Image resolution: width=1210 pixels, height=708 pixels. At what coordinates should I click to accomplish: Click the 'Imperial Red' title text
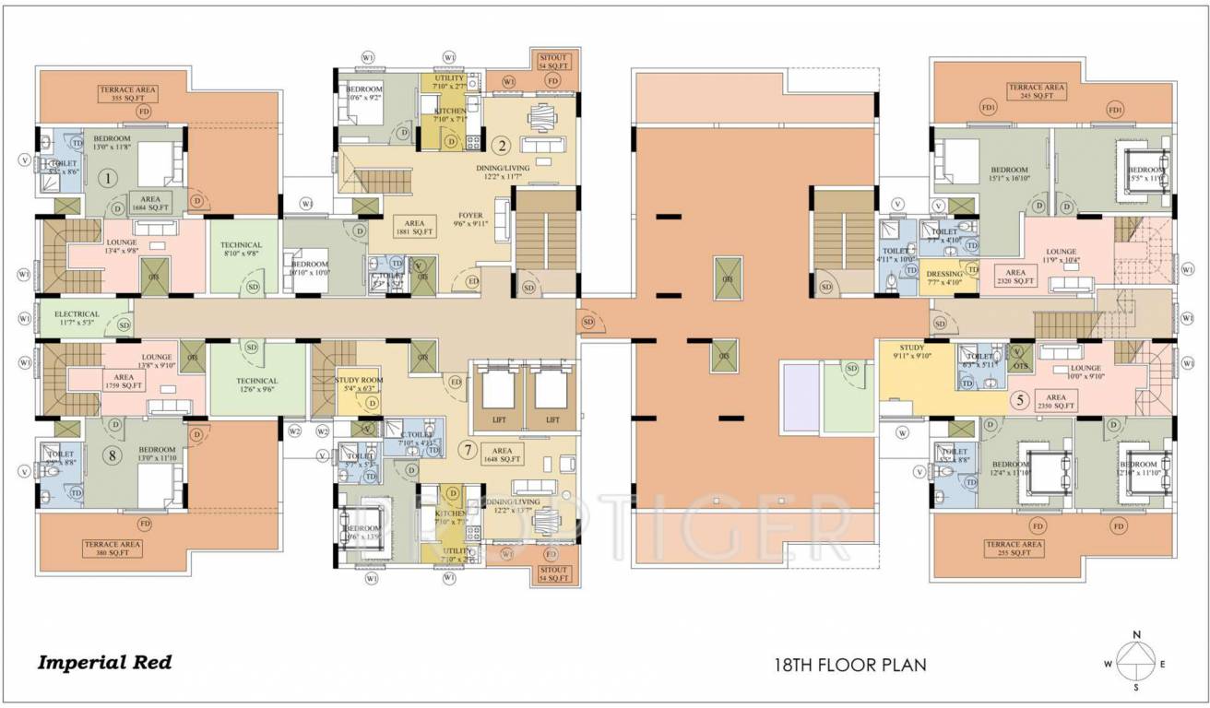click(x=104, y=662)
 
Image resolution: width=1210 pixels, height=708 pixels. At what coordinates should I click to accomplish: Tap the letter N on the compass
click(x=1137, y=635)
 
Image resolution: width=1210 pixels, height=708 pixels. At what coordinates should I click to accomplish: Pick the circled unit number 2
click(x=502, y=145)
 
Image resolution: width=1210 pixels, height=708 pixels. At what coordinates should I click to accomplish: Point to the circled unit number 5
click(x=1018, y=401)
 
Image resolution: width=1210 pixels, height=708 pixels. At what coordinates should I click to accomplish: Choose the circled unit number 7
click(x=468, y=451)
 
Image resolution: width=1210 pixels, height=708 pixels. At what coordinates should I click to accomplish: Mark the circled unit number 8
click(x=112, y=455)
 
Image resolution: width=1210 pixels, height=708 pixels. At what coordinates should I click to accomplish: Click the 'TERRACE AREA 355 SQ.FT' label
click(x=129, y=94)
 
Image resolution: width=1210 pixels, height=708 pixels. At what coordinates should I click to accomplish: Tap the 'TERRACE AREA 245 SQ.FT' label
click(x=1037, y=91)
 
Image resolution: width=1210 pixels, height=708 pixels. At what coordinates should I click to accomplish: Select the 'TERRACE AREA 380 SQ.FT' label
click(x=113, y=548)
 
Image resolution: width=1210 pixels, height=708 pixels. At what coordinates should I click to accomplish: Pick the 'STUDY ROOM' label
click(x=359, y=383)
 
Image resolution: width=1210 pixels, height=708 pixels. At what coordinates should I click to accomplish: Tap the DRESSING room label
click(x=944, y=277)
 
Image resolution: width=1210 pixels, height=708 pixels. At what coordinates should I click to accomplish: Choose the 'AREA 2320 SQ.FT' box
click(x=1015, y=277)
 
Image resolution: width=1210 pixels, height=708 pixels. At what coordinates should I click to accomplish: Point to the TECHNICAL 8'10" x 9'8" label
click(x=242, y=249)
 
